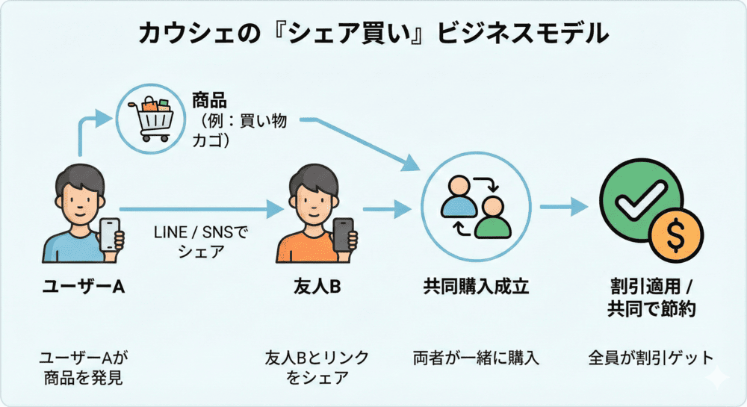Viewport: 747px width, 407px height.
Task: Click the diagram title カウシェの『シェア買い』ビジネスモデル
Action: [373, 34]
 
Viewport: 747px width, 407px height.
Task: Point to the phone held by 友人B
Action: [344, 234]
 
